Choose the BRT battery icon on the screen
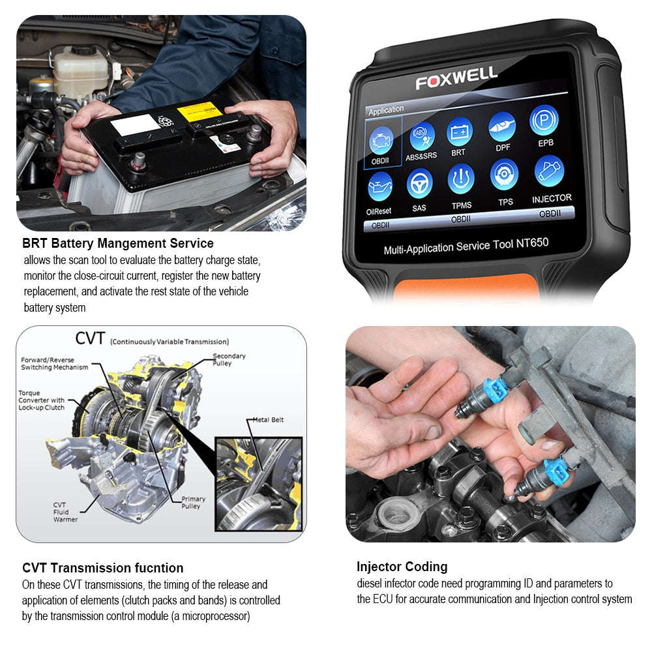click(x=459, y=132)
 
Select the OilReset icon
click(x=379, y=187)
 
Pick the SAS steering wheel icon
click(x=419, y=184)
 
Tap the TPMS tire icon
click(x=461, y=179)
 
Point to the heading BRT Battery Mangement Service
click(x=118, y=244)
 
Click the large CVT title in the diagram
click(x=91, y=338)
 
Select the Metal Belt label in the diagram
click(x=268, y=420)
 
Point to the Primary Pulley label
click(x=193, y=503)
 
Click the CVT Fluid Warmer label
click(x=65, y=512)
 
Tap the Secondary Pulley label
click(x=229, y=360)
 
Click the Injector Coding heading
click(x=402, y=567)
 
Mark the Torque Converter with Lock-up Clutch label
click(x=42, y=400)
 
